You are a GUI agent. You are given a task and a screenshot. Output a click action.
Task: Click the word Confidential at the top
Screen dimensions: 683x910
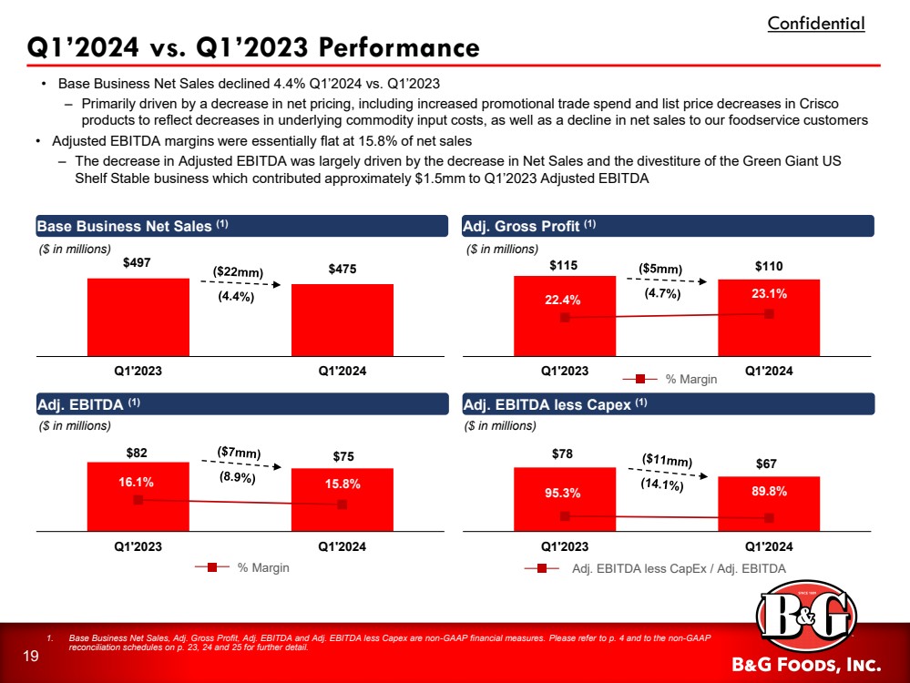[x=815, y=24]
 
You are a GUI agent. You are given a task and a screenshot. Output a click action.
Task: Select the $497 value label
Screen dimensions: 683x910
[x=138, y=263]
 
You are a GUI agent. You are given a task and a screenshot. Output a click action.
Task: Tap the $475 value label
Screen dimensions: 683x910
[x=342, y=270]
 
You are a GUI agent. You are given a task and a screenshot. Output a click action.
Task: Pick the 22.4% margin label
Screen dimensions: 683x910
[x=564, y=299]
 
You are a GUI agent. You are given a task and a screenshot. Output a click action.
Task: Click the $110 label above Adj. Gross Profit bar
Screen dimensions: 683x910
[x=769, y=265]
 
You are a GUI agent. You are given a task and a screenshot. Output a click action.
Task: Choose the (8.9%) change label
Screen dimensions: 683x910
[x=238, y=476]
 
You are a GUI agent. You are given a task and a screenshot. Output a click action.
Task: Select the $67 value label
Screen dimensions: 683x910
[x=769, y=464]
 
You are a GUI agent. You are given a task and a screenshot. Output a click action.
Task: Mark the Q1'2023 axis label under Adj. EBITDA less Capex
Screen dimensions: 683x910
[x=564, y=546]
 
